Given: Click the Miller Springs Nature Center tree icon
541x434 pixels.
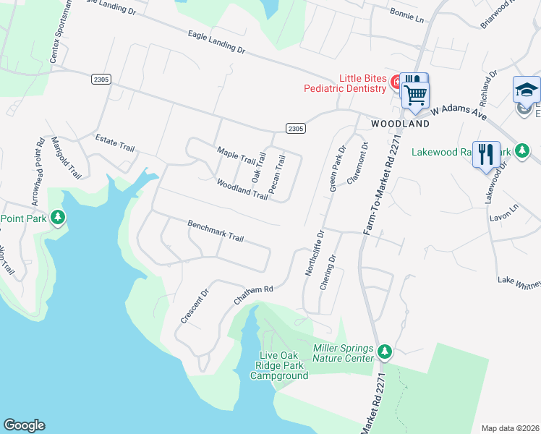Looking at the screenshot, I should (385, 352).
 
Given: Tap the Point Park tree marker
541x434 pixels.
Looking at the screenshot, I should (58, 218).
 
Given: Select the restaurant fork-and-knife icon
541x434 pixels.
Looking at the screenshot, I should (486, 154).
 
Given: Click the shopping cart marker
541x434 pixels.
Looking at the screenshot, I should (415, 94).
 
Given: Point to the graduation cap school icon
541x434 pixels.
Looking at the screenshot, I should (527, 90).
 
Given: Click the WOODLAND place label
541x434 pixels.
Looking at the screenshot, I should (400, 124).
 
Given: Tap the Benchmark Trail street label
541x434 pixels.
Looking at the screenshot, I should (216, 231).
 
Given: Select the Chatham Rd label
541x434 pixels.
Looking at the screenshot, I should (253, 294).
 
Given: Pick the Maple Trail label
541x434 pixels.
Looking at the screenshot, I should (237, 155).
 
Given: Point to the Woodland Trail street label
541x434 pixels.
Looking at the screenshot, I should (242, 190).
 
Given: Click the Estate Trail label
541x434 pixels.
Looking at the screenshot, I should (115, 142).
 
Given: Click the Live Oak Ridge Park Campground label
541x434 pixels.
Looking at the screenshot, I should (279, 365).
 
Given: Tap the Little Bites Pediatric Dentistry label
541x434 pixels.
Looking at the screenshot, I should (363, 84).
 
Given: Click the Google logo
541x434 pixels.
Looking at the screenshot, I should (24, 425).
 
